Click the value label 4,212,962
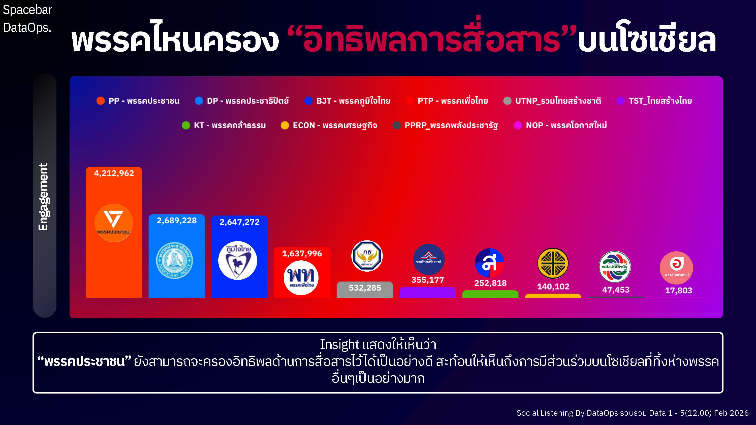[x=114, y=173]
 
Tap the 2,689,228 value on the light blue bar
[x=177, y=221]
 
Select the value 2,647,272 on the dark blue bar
[x=239, y=222]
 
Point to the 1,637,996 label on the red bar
[x=302, y=254]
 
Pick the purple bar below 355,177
[x=428, y=293]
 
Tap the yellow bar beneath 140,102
[x=553, y=296]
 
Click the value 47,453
[x=616, y=290]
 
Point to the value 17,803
[x=679, y=290]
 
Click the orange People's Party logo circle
[x=114, y=223]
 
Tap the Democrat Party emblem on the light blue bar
[x=175, y=260]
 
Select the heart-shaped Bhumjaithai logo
[x=238, y=260]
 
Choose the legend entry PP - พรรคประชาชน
[x=138, y=101]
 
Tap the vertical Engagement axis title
[x=43, y=197]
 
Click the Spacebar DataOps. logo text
[x=27, y=18]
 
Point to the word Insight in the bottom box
[x=339, y=344]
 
